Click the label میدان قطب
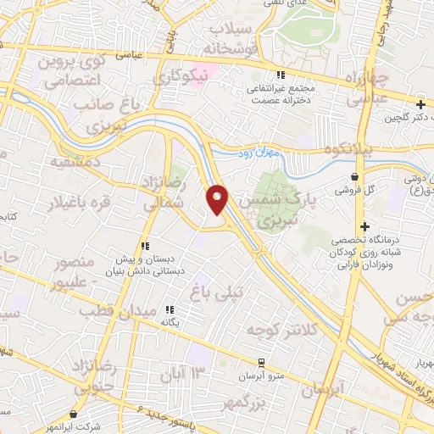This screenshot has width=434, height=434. [110, 310]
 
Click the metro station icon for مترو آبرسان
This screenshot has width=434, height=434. [264, 360]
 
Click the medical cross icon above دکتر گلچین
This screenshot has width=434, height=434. [420, 103]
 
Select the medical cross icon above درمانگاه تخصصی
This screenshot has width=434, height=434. [365, 226]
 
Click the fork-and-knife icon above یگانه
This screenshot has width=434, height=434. [170, 310]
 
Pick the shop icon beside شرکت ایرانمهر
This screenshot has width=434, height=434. [78, 415]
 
